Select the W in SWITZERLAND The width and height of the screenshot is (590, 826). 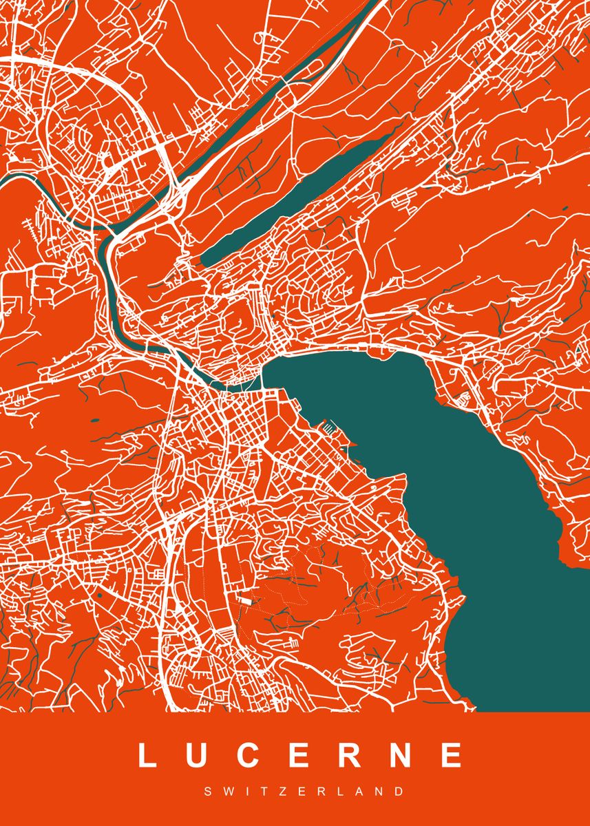[225, 792]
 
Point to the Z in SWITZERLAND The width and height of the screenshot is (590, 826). [277, 792]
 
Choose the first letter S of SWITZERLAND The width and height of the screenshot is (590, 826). [207, 792]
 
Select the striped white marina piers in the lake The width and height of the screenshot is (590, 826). [331, 428]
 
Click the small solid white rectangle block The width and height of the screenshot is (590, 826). [245, 600]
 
